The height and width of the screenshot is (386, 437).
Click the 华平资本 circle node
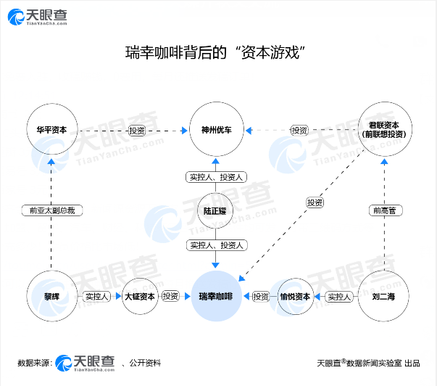[x=51, y=131]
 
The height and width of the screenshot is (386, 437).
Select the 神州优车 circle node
[x=216, y=131]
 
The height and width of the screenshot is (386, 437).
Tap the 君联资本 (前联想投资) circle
[x=385, y=131]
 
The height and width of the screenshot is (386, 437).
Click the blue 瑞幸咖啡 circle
[x=216, y=296]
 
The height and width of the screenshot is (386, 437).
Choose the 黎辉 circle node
[x=51, y=296]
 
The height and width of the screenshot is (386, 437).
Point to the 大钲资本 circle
[x=139, y=296]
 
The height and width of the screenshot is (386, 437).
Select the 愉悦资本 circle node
[x=294, y=296]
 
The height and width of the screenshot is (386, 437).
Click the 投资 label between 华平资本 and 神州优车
[x=137, y=131]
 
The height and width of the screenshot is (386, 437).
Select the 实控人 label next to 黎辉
[x=96, y=296]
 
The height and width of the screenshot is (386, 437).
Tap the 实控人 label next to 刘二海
[x=338, y=296]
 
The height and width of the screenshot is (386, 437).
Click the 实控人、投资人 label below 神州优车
[x=216, y=177]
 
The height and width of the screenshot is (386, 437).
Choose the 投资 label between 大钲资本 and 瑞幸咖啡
[x=170, y=296]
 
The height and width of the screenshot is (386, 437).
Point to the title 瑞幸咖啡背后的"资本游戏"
[x=218, y=52]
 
